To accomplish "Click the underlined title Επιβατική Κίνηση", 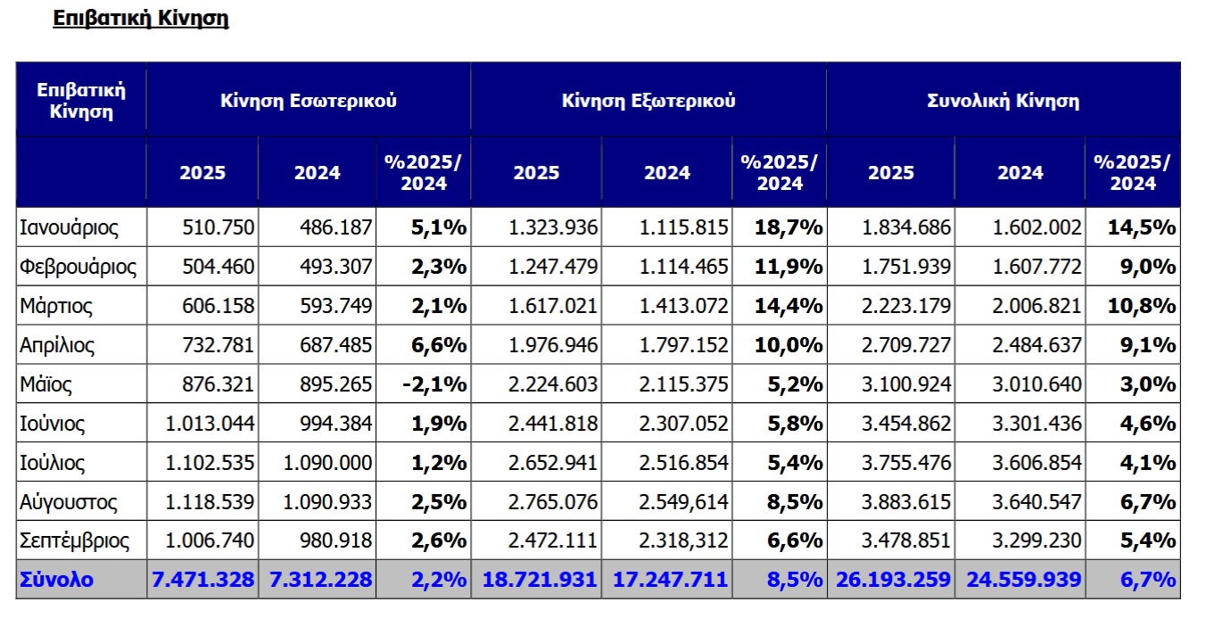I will click(x=141, y=19).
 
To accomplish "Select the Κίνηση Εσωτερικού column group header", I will click(x=309, y=101).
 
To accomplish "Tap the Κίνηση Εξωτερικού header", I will click(x=648, y=101).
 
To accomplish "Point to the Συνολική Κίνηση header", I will click(x=1004, y=101).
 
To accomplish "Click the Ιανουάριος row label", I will click(x=69, y=227).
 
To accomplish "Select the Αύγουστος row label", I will click(x=69, y=502).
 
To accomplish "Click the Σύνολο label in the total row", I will click(x=56, y=580).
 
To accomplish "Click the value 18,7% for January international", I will click(x=789, y=227).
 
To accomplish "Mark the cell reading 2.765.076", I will click(x=553, y=502).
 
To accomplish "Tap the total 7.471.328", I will click(x=203, y=580).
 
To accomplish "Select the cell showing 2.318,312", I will click(x=683, y=540).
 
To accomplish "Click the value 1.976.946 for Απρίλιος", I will click(x=553, y=345).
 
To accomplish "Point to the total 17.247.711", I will click(x=671, y=580).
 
